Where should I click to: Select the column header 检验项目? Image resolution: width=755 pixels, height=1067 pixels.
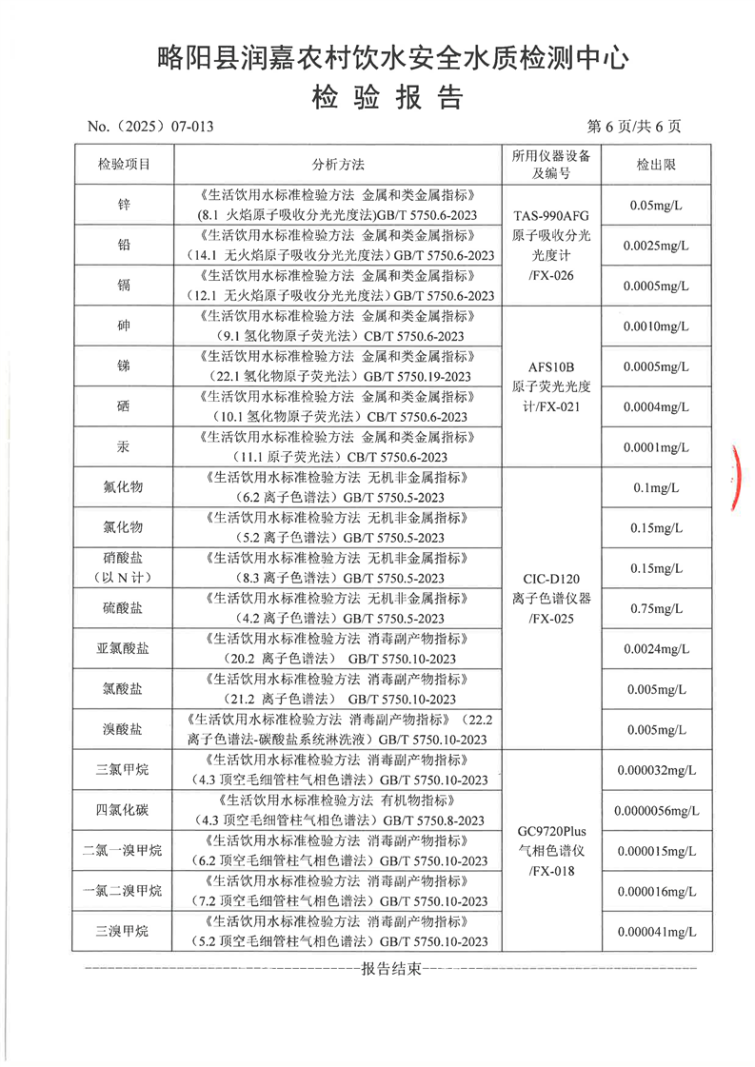(124, 165)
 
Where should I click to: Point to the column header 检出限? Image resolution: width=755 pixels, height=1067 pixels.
(655, 165)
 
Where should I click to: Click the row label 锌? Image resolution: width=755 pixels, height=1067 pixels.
(124, 205)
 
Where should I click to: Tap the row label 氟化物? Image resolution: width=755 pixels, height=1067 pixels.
(124, 487)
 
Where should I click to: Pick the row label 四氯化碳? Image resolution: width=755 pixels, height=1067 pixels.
(124, 810)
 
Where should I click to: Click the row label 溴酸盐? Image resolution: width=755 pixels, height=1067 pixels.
(124, 730)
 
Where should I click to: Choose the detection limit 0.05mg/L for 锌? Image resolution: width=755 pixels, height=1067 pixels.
(655, 205)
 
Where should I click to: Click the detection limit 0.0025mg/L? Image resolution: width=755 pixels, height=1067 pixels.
(655, 246)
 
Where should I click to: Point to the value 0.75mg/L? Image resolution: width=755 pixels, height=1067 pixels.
(655, 609)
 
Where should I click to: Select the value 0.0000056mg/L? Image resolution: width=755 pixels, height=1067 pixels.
(655, 811)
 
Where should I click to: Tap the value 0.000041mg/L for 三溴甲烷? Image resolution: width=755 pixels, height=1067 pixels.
(655, 932)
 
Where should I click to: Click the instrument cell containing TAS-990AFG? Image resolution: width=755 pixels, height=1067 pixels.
(551, 246)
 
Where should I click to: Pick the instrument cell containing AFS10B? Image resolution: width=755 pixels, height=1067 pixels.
(551, 386)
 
